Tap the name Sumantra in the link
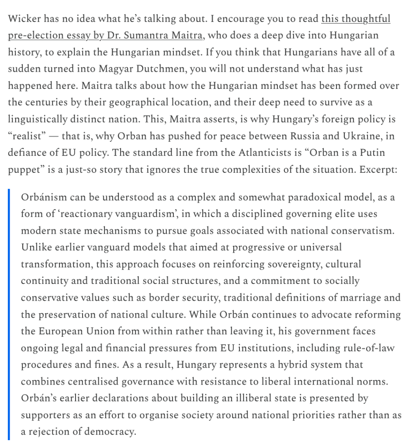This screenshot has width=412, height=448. (151, 35)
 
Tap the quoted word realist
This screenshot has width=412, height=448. (27, 136)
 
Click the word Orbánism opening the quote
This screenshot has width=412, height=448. (43, 198)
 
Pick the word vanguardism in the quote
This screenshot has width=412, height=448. (136, 214)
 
